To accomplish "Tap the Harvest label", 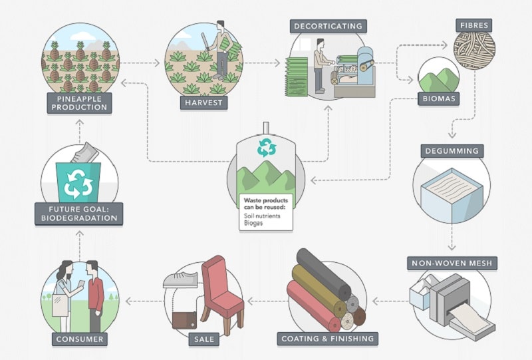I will (204, 102).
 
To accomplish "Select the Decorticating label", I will (328, 27).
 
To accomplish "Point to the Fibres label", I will (474, 25).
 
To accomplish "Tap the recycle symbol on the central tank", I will (267, 148).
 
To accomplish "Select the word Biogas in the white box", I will (253, 223).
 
